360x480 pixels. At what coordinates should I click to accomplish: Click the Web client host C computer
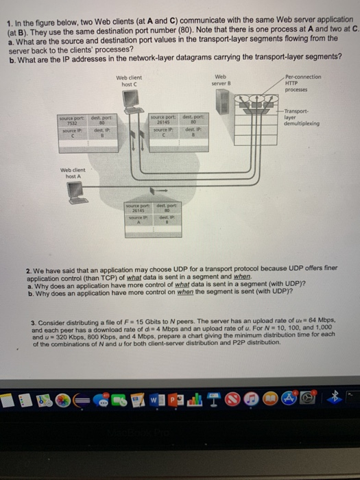[x=130, y=99]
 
